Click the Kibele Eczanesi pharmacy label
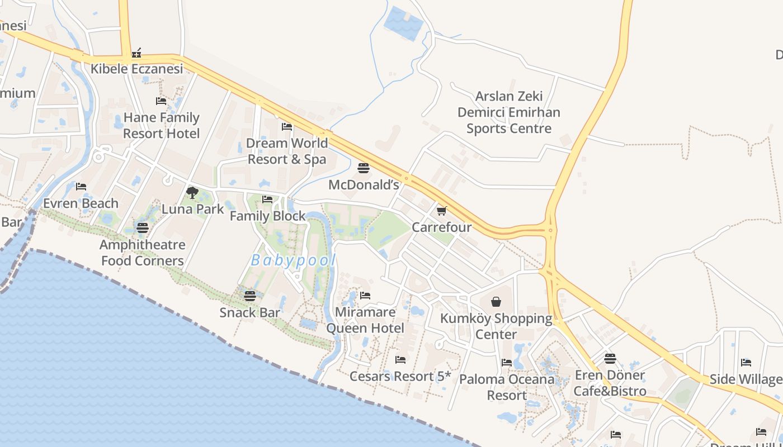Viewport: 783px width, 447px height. pos(137,69)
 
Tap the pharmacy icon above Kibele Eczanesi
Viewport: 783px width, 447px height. pos(136,54)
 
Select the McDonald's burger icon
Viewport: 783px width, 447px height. pos(364,168)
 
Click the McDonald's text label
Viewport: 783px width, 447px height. pos(364,184)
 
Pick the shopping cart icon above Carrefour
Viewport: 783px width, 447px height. pos(442,211)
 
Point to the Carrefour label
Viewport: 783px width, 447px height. pos(442,227)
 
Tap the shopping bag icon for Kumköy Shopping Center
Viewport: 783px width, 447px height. pos(496,302)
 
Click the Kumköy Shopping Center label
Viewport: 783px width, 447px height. pos(496,326)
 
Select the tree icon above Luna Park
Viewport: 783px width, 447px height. pos(192,193)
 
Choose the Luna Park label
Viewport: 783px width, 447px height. pos(192,209)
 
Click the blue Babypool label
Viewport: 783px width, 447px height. pos(294,260)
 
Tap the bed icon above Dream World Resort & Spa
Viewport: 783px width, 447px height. pos(287,127)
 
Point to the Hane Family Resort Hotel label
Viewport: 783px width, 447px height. pos(161,126)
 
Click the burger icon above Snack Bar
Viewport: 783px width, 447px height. pos(249,296)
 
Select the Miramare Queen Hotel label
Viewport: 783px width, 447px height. pos(365,320)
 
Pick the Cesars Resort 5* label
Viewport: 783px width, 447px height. pos(400,376)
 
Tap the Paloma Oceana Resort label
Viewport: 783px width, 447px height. pos(507,387)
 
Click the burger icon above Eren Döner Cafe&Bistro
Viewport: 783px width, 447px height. pos(610,359)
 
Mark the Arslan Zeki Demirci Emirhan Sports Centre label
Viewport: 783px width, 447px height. pos(509,112)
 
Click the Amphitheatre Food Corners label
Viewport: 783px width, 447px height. pos(142,253)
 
